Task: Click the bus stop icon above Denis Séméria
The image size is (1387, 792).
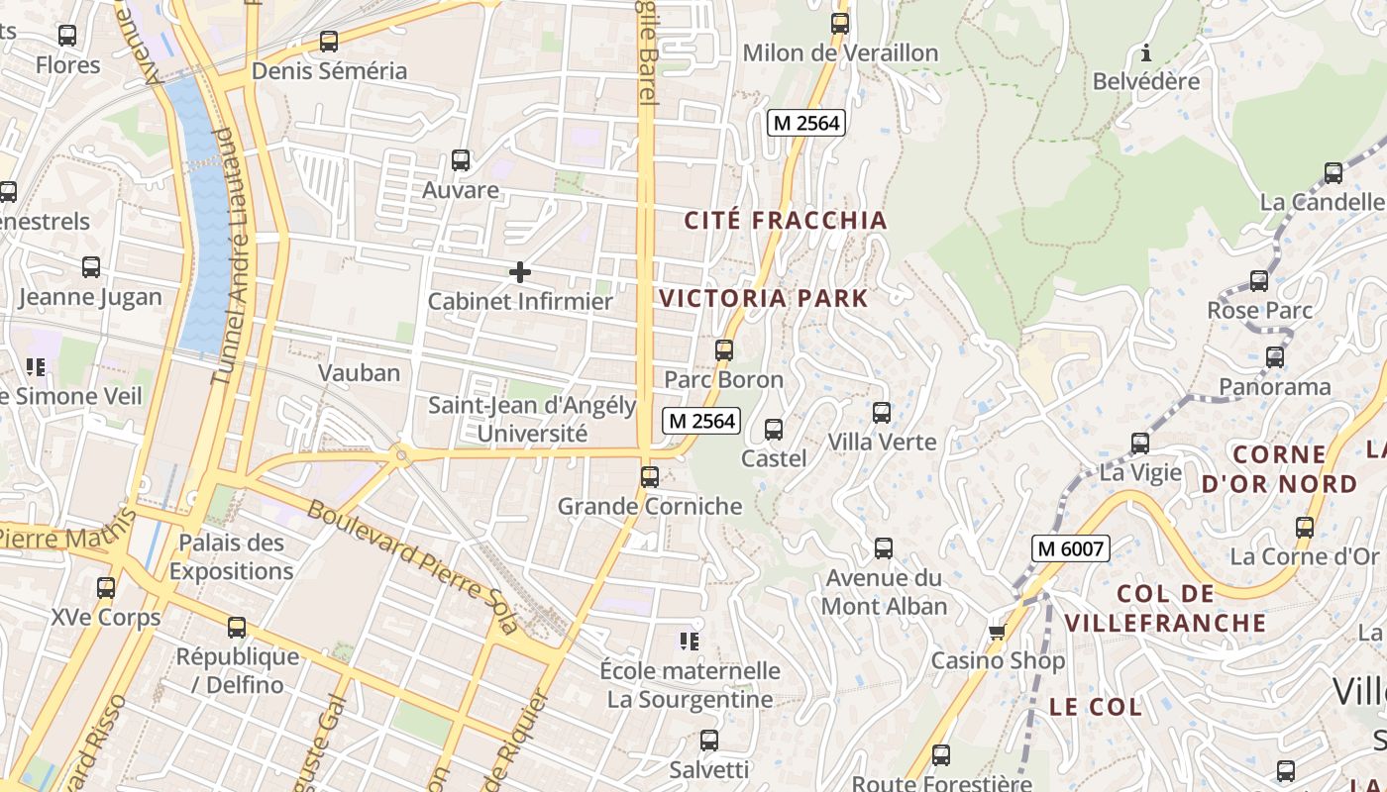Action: [x=329, y=42]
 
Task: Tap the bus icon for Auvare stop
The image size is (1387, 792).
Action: [x=461, y=160]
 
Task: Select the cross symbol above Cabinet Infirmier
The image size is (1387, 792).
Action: [x=519, y=272]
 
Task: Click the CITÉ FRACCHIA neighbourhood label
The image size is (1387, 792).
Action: [x=786, y=220]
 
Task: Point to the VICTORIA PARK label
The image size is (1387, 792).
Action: [x=763, y=298]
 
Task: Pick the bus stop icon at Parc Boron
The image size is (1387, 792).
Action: [x=724, y=350]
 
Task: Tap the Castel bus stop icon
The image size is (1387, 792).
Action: [x=774, y=430]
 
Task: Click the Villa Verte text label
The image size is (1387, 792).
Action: [x=882, y=442]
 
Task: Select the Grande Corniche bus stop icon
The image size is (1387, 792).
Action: [x=650, y=477]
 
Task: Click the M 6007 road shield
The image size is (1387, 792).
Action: [x=1070, y=547]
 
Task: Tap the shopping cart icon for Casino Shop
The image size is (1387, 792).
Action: [x=998, y=632]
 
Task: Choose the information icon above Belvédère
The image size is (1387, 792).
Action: [x=1146, y=52]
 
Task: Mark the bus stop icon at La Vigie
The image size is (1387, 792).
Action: [x=1140, y=444]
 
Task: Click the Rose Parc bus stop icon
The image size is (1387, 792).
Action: [x=1259, y=281]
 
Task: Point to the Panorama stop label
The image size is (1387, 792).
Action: [x=1274, y=386]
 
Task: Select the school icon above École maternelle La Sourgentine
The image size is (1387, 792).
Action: [x=690, y=642]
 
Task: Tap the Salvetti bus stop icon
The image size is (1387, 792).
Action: [x=709, y=741]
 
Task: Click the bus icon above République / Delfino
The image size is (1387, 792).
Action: [x=237, y=628]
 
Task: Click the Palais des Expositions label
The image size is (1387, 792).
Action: [x=231, y=556]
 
